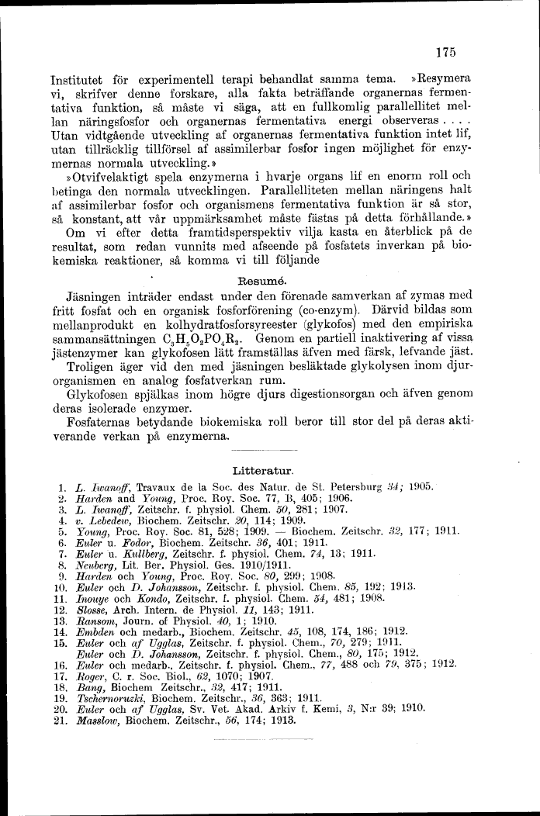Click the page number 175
tap(445, 53)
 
